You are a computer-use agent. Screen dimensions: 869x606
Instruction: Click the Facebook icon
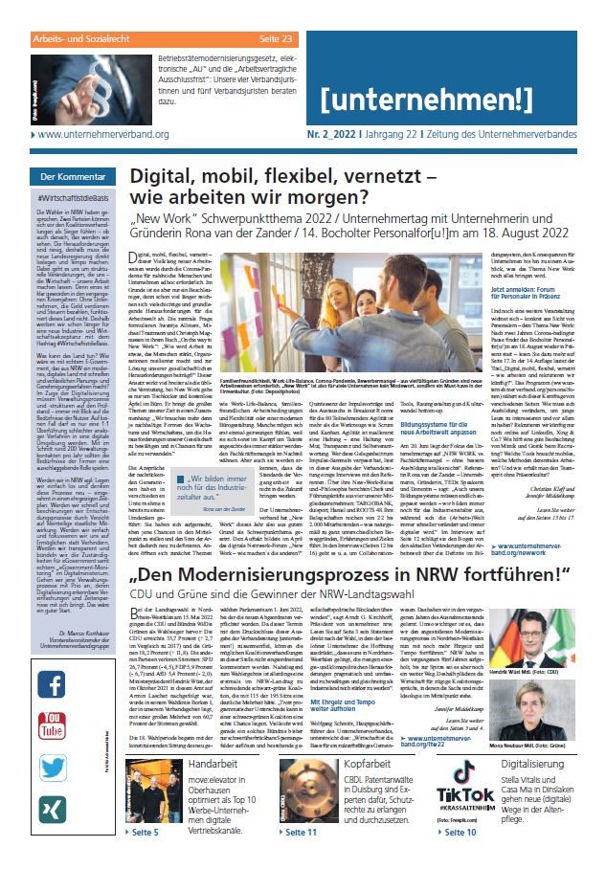point(52,659)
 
